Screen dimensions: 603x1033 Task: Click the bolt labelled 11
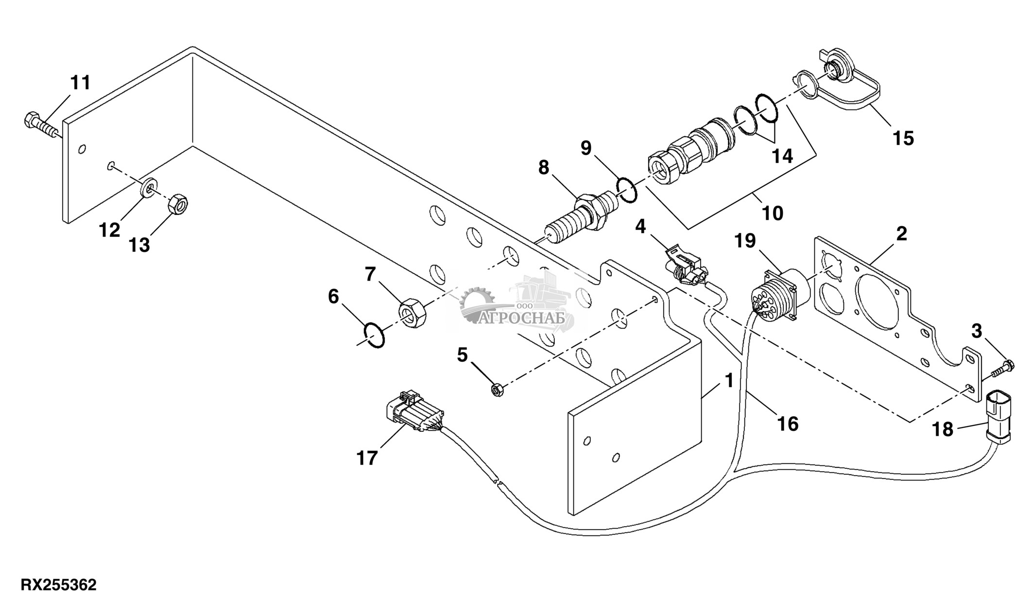coord(41,124)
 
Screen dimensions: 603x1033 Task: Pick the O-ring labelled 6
coord(375,335)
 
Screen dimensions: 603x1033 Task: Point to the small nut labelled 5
coord(497,389)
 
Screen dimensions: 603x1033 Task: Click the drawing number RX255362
coord(58,585)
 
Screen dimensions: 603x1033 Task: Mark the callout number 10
coord(773,213)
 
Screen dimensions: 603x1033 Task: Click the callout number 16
coord(788,424)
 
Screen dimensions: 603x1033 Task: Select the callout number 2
coord(901,234)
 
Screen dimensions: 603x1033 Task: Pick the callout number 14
coord(782,156)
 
